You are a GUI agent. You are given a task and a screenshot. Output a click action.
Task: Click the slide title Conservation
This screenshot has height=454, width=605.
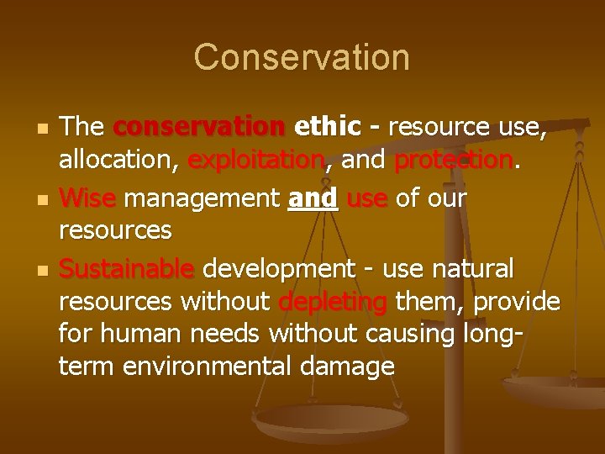[x=302, y=57]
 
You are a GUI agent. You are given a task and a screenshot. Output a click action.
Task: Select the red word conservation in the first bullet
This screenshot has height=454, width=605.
[x=199, y=128]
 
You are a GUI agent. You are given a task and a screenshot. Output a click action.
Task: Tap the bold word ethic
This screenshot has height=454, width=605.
[x=328, y=128]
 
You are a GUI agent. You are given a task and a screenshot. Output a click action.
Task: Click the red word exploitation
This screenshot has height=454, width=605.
[x=256, y=159]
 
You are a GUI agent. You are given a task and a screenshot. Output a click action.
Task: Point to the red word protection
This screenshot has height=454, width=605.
[x=454, y=159]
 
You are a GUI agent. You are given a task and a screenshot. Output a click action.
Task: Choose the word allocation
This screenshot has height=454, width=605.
[x=118, y=159]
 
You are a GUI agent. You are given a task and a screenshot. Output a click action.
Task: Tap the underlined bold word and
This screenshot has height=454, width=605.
[x=313, y=199]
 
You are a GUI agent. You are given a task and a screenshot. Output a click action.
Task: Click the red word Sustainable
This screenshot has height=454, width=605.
[x=126, y=270]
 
